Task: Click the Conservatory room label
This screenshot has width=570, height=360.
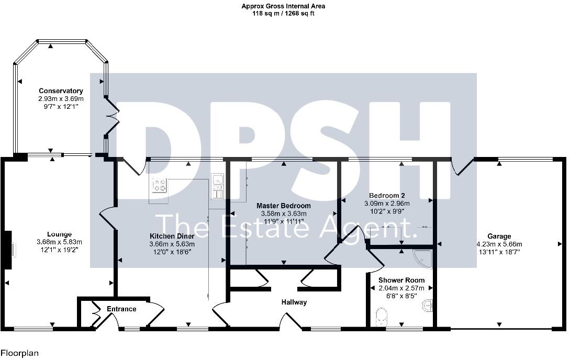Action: point(60,91)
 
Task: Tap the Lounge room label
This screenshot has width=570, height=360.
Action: point(59,234)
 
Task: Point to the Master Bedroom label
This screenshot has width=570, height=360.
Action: point(283,206)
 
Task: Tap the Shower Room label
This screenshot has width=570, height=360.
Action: point(401,280)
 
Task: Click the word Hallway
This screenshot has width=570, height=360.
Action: point(294,302)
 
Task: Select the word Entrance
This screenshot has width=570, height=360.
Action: point(121,309)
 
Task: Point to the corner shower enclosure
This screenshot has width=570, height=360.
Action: point(423,258)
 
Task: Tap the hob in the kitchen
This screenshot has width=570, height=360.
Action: point(159,186)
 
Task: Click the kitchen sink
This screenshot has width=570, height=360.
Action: point(217,187)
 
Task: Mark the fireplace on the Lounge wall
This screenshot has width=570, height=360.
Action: point(8,250)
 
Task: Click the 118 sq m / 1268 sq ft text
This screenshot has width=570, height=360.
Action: point(283,14)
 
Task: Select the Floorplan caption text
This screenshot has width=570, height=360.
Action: point(19,354)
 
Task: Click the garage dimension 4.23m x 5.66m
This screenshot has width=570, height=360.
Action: point(499,244)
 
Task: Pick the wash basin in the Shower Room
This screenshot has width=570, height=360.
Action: point(428,305)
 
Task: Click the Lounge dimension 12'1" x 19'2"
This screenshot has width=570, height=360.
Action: point(59,250)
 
